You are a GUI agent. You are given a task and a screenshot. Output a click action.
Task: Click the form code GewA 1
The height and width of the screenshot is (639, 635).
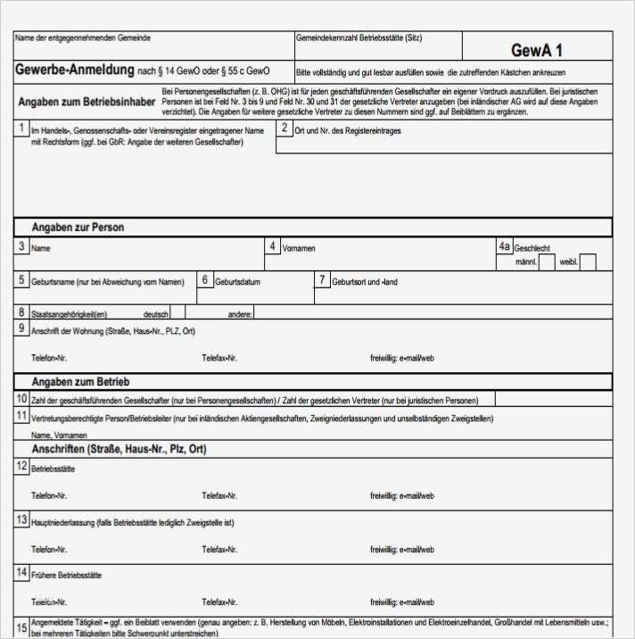tap(537, 51)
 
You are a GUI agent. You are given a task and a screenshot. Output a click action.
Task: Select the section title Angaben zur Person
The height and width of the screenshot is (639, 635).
tap(78, 228)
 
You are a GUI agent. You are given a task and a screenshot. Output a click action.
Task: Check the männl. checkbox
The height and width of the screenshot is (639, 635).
tap(547, 261)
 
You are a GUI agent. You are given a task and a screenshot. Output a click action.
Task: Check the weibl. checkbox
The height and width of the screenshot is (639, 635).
tap(589, 261)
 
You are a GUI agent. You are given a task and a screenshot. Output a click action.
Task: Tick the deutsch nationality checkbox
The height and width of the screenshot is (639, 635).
tap(178, 312)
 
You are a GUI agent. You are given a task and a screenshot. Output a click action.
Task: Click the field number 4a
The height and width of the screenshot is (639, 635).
tap(505, 246)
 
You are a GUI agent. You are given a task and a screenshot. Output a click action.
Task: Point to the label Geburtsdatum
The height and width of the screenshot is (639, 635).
tap(237, 282)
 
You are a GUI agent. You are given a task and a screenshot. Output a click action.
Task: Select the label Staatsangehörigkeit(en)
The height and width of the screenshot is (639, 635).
tap(69, 314)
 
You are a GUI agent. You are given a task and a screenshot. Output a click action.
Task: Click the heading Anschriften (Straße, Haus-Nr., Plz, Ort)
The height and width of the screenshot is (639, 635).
tap(119, 450)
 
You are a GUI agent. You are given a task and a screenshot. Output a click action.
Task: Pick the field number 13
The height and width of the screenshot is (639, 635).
tap(21, 519)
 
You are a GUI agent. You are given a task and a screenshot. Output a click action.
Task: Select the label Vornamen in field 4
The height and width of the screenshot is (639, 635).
tap(299, 248)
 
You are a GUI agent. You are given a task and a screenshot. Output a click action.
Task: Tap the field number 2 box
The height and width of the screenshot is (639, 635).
tap(285, 129)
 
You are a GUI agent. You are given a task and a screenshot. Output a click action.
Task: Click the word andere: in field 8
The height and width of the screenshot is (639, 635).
tap(241, 314)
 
